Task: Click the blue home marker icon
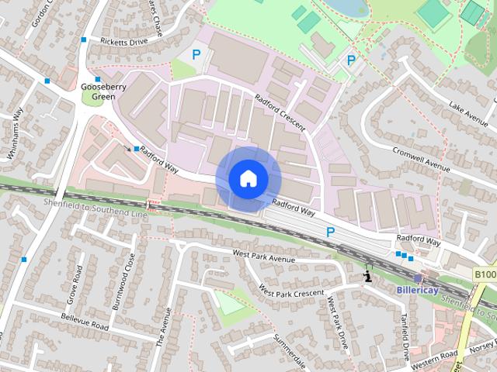tap(248, 178)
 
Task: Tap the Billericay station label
tap(418, 289)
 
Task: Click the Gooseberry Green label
tap(97, 92)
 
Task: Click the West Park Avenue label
tap(264, 257)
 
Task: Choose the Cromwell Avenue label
tap(422, 157)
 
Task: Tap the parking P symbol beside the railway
tap(330, 231)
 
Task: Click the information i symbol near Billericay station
tap(367, 276)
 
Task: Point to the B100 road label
tap(485, 274)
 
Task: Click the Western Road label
tap(436, 359)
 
